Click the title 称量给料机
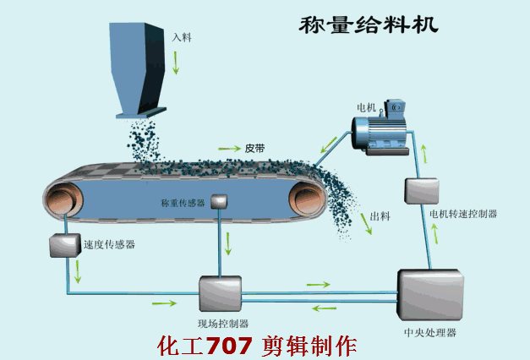(x=369, y=24)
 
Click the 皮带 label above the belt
(x=255, y=147)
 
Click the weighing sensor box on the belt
(x=220, y=201)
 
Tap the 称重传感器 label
(x=183, y=204)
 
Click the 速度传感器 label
(x=109, y=245)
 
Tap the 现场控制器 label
(x=223, y=324)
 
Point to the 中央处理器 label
(x=430, y=333)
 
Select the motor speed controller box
(x=420, y=190)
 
